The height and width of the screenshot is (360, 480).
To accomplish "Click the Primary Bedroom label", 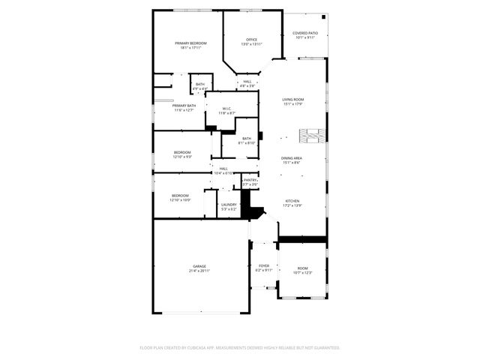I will tap(190, 43).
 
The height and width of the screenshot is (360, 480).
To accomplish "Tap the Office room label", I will tap(252, 39).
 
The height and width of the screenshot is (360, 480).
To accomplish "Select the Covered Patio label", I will tap(305, 33).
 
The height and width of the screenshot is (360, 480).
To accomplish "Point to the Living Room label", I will tap(292, 100).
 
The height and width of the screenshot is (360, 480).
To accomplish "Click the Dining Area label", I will tap(292, 158).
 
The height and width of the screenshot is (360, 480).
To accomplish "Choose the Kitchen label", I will tap(292, 201).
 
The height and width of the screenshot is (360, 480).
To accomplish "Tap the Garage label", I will tap(199, 265).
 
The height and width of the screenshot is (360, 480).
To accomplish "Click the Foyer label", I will tap(264, 265).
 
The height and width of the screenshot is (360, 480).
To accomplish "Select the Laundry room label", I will tap(229, 205).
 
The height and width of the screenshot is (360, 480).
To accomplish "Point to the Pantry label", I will tap(250, 180).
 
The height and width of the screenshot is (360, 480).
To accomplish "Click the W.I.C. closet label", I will tap(226, 109).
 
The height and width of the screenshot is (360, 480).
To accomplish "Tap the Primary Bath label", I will tap(184, 106).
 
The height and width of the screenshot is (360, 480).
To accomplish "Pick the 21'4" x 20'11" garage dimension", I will tap(199, 270).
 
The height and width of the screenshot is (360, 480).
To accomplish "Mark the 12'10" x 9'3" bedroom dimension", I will tap(182, 157).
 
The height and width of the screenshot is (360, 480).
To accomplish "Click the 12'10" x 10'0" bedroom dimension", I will tap(181, 200).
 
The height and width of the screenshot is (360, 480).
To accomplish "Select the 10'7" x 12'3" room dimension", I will tap(302, 272).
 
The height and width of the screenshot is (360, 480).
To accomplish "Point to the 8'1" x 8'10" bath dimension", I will tap(247, 142).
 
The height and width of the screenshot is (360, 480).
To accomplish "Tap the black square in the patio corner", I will tap(323, 16).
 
